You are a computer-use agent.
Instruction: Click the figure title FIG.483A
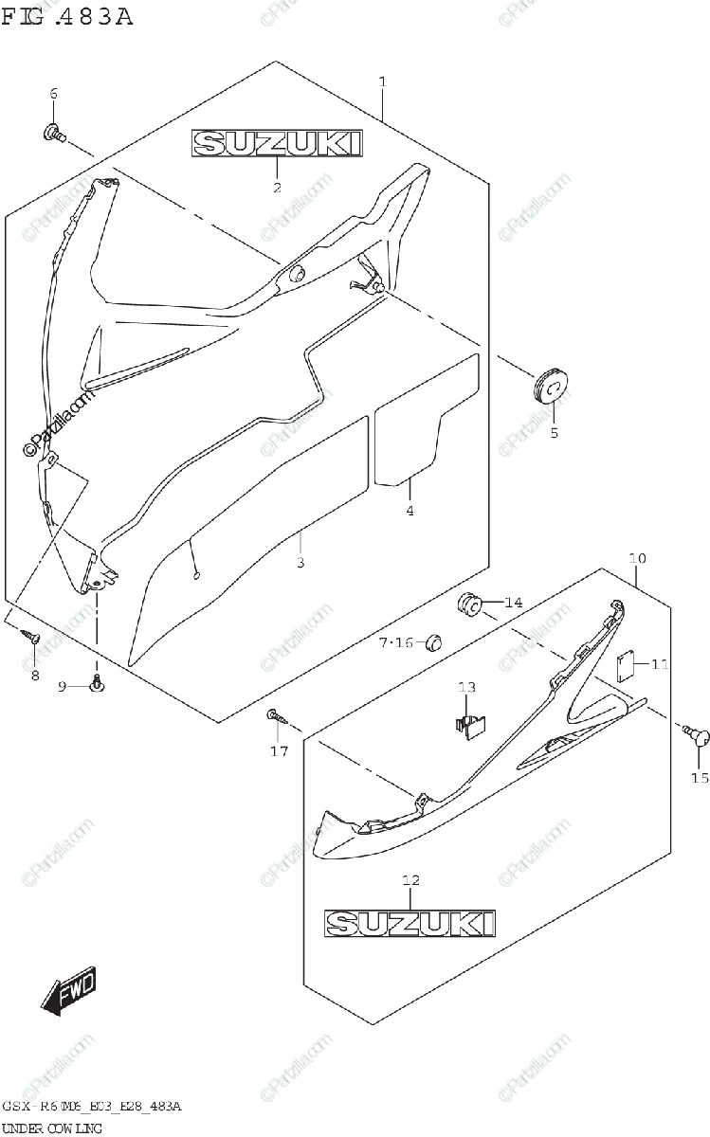(x=66, y=16)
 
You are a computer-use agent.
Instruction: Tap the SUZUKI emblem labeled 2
(x=277, y=144)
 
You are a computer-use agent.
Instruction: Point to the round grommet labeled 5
(x=550, y=386)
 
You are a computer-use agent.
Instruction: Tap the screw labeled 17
(x=276, y=715)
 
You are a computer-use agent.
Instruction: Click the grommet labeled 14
(x=470, y=603)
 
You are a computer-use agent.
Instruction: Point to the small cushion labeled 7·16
(x=432, y=641)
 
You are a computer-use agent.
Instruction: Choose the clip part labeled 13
(x=468, y=721)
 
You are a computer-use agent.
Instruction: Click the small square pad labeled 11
(x=625, y=664)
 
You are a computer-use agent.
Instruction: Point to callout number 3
(x=300, y=564)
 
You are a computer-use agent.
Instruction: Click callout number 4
(x=410, y=512)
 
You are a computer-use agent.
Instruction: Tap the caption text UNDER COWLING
(x=52, y=1128)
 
